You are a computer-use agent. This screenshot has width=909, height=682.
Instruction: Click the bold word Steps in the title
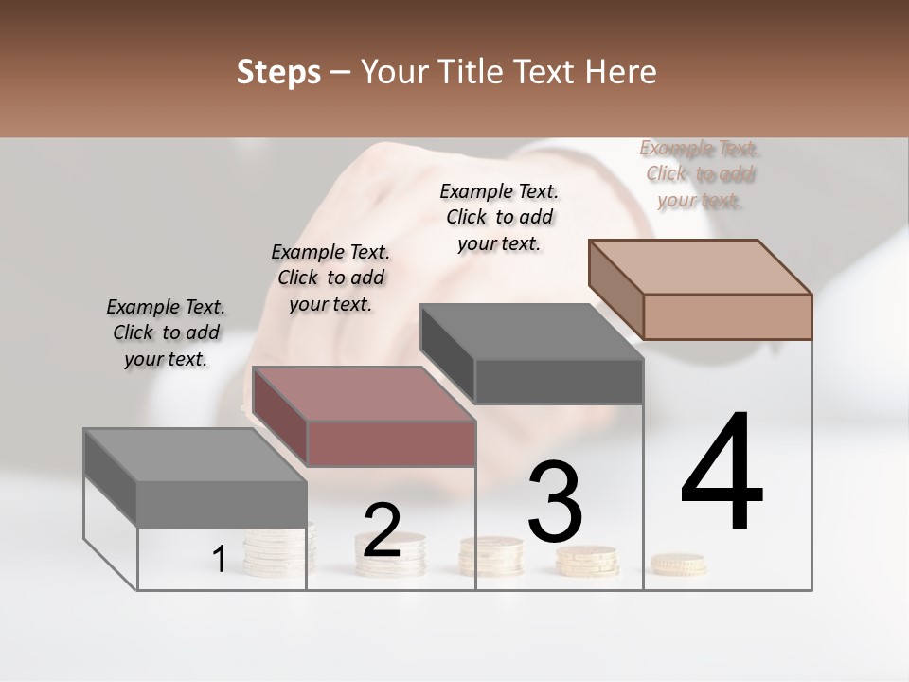coord(278,72)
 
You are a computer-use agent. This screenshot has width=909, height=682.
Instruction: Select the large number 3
coord(555,501)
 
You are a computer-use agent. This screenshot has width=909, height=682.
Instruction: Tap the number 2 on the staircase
coord(382,530)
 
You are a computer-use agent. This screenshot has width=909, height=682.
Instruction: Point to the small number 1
coord(219,560)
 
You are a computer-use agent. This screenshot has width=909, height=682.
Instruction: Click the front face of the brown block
coord(727,316)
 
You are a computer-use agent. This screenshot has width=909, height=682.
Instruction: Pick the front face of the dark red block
coord(391,443)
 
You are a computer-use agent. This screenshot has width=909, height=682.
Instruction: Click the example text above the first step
coord(166,332)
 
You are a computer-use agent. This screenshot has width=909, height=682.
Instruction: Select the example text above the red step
coord(330,278)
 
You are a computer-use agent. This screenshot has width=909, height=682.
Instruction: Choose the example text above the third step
coord(499,217)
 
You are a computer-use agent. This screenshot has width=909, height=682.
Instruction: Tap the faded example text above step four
coord(699,173)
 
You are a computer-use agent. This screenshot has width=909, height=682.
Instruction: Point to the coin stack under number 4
coord(678,565)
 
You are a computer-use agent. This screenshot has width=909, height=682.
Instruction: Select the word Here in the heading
coord(622,72)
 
